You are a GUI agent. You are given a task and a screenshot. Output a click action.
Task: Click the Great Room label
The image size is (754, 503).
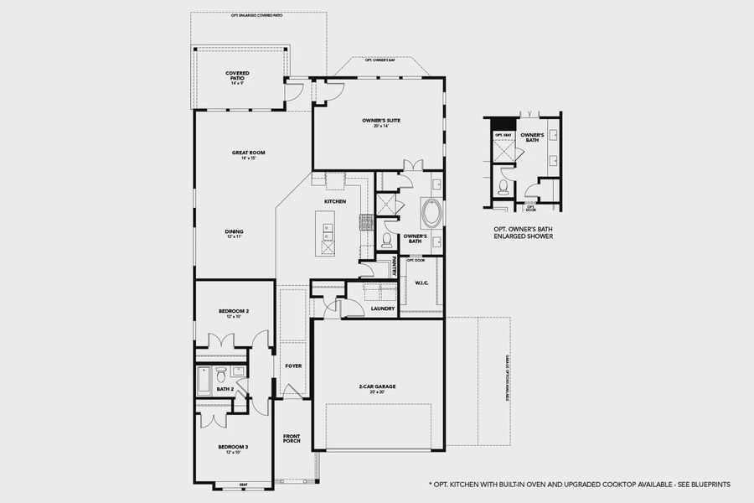pos(248,154)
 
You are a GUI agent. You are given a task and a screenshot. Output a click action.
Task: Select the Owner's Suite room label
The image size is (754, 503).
pos(381,122)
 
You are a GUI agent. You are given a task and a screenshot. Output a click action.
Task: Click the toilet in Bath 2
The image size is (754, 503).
pos(221,372)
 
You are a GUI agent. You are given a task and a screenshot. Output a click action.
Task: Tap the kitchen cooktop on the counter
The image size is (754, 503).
pos(366,222)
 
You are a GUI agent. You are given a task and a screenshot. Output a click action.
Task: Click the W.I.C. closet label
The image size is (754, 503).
pos(421,283)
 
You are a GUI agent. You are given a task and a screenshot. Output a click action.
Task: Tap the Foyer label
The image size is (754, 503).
pos(293,366)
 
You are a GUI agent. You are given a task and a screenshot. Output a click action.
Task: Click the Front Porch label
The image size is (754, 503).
pos(292,439)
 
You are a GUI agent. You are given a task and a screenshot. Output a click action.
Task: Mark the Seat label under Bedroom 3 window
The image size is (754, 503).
pos(244,484)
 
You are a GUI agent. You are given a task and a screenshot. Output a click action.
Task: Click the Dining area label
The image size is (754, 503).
pos(235,235)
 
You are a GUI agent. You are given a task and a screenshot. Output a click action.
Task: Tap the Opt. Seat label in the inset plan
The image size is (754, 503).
pos(502,135)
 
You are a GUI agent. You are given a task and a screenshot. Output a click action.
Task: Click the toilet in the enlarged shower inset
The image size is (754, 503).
pos(503,187)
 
